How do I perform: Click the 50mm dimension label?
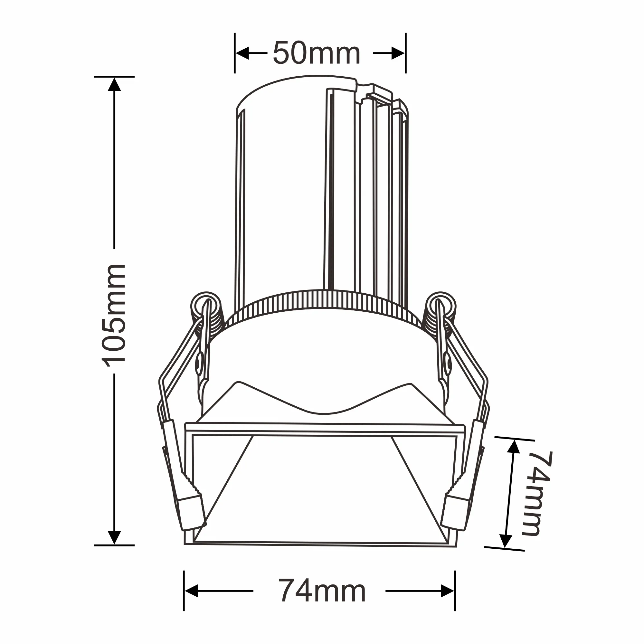coord(316,53)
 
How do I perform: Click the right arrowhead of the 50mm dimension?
coord(398,53)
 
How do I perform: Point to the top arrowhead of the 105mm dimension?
coord(114,84)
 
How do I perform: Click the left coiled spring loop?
coord(206,305)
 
